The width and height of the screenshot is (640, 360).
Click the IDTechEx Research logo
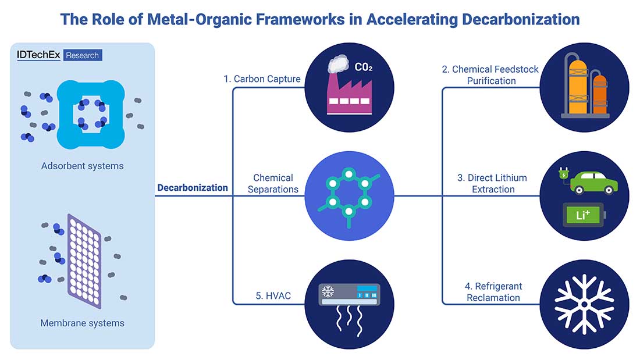pos(59,55)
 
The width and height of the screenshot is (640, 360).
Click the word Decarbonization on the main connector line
pos(193,188)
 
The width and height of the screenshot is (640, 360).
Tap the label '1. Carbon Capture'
pos(262,79)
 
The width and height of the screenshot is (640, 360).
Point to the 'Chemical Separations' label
pos(273,183)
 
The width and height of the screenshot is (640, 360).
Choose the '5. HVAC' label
pos(273,296)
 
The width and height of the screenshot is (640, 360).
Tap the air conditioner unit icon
pos(349,295)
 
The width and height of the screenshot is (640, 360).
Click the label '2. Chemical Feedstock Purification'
pos(490,75)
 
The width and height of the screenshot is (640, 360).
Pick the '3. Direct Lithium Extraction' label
pos(492,183)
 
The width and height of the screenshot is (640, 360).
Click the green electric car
pos(593,181)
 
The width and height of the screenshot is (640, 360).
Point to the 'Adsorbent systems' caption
pos(83,166)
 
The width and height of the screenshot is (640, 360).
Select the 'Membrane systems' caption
pos(83,323)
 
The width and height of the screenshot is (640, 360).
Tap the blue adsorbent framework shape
pos(91,114)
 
